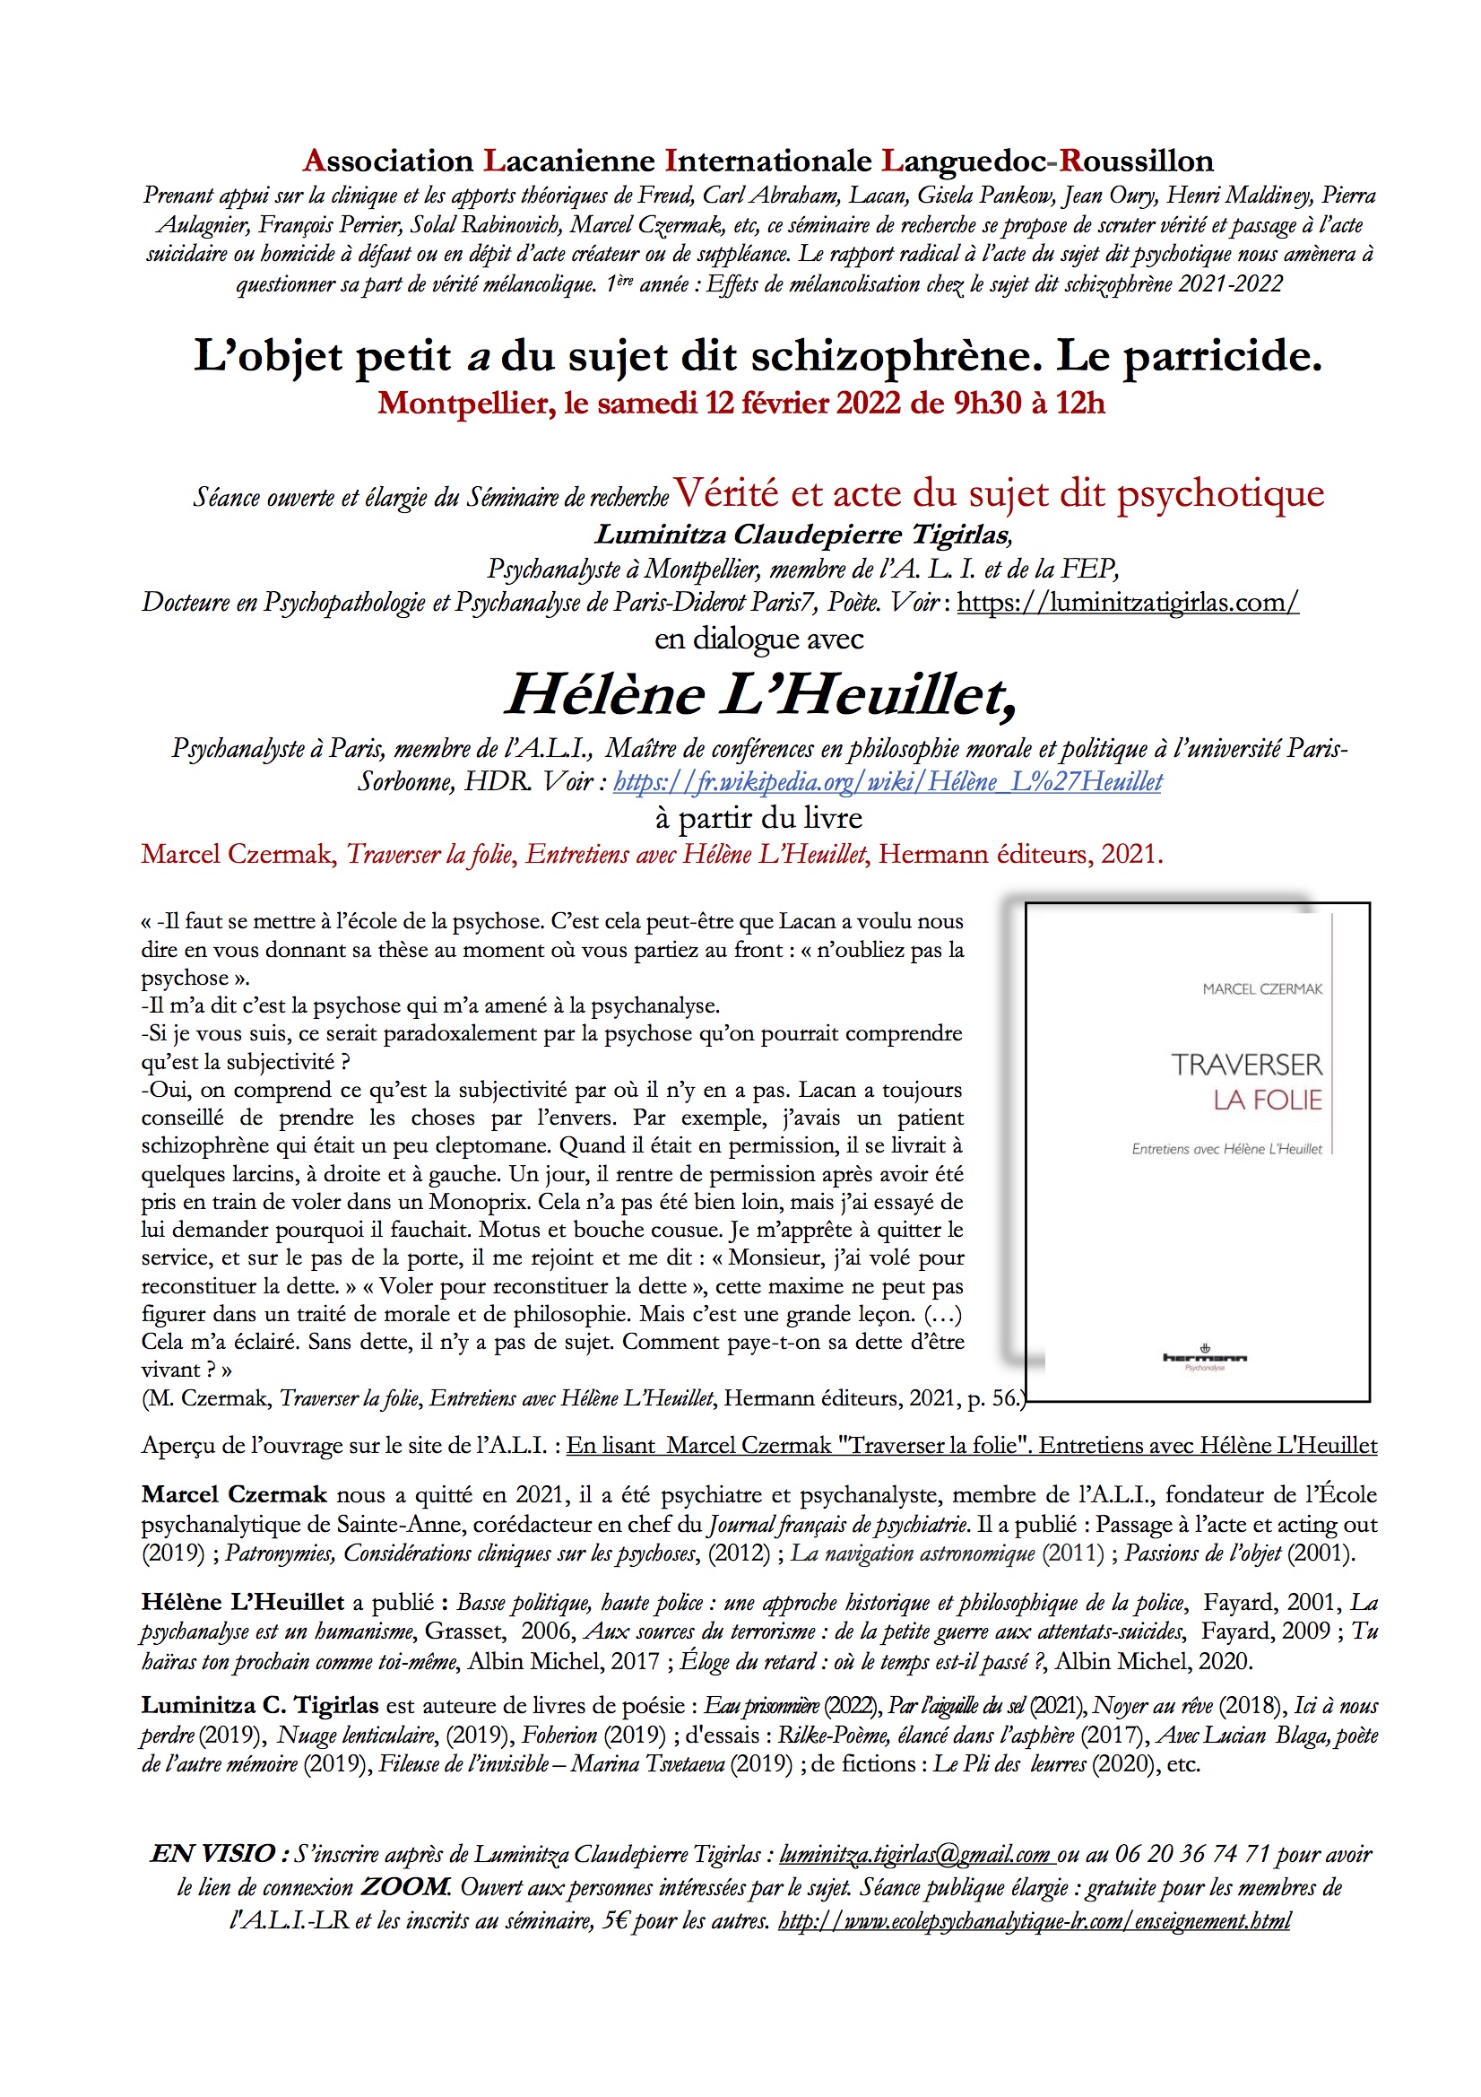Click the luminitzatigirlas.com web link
[x=1128, y=603]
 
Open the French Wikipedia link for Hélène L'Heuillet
[x=888, y=782]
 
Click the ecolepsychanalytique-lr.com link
[x=1035, y=1920]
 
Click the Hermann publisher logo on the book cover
[x=1204, y=1358]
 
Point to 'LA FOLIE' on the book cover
[x=1268, y=1101]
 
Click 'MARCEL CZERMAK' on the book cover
[x=1262, y=989]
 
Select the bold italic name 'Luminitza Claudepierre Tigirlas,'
[x=803, y=535]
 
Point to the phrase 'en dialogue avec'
[x=758, y=639]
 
